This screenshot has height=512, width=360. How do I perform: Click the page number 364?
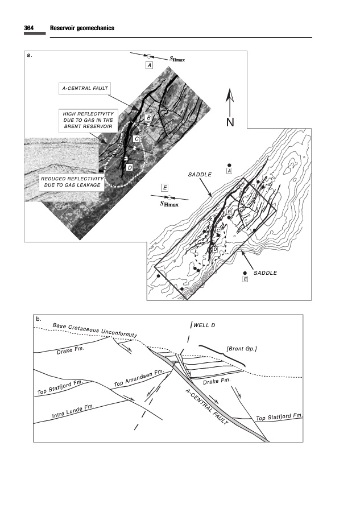[x=29, y=28]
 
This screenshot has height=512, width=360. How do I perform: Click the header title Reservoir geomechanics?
[x=82, y=28]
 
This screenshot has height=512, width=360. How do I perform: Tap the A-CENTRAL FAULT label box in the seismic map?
[x=85, y=89]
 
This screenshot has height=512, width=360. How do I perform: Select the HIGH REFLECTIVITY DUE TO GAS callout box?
[x=88, y=120]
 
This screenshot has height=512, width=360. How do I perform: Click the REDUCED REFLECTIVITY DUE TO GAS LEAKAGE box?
[x=72, y=182]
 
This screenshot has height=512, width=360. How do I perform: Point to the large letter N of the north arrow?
[x=230, y=122]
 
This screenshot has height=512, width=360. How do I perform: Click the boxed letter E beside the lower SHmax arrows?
[x=165, y=188]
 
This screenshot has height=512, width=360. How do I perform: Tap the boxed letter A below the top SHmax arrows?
[x=150, y=65]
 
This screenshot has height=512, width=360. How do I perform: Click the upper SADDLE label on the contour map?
[x=200, y=175]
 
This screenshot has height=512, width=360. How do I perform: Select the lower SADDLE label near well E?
[x=266, y=273]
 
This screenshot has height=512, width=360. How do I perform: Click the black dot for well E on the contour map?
[x=245, y=273]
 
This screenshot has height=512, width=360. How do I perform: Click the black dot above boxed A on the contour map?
[x=229, y=165]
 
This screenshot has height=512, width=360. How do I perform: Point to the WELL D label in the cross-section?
[x=204, y=325]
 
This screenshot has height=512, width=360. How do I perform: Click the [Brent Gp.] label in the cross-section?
[x=242, y=349]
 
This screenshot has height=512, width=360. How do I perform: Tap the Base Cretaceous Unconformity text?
[x=95, y=330]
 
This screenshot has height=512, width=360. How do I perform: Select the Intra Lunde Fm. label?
[x=73, y=411]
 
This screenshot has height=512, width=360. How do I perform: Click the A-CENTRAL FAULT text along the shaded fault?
[x=206, y=407]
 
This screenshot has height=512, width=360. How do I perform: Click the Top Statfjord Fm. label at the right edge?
[x=279, y=417]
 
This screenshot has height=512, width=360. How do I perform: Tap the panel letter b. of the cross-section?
[x=39, y=319]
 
